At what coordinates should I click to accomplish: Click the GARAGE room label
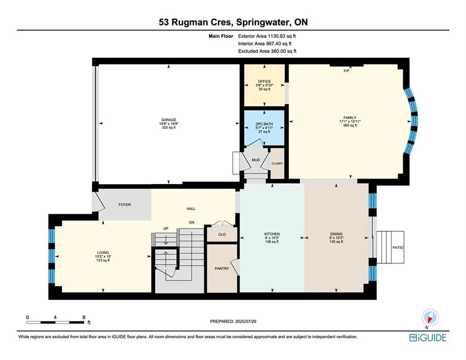[169, 120]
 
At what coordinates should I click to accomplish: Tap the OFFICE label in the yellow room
[264, 81]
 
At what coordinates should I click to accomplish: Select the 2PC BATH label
[264, 124]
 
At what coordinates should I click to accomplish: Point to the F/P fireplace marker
[346, 71]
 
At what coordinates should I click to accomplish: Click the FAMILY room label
[350, 118]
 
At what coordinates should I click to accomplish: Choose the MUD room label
[256, 160]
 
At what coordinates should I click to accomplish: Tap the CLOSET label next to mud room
[277, 163]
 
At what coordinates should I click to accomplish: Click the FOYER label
[125, 205]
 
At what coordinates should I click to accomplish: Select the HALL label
[191, 209]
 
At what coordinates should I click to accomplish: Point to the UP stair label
[166, 228]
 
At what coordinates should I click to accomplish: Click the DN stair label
[192, 222]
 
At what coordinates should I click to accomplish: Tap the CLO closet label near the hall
[222, 234]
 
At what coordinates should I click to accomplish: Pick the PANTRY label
[222, 269]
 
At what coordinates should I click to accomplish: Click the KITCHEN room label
[272, 234]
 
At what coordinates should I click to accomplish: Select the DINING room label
[336, 234]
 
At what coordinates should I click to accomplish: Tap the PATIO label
[398, 247]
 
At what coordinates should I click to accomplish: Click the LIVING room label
[103, 252]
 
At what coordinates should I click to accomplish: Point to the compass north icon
[430, 318]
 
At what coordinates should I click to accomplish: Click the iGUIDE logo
[428, 337]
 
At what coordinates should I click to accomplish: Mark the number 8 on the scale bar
[84, 317]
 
